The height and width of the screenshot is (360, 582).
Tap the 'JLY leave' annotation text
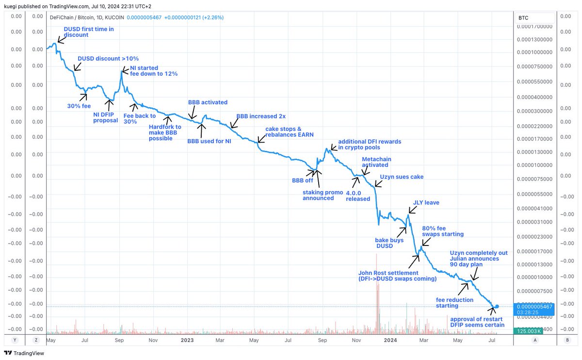pos(426,203)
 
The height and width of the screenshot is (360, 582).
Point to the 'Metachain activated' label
pos(376,162)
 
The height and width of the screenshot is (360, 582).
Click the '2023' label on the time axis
pos(187,340)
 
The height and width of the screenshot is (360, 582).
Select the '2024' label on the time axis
pos(390,340)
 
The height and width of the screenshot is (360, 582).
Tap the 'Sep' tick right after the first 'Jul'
pos(119,340)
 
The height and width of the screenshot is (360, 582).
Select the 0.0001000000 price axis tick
pos(535,165)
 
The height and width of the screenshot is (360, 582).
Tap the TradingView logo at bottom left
pos(24,353)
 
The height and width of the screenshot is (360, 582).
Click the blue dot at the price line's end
pos(498,307)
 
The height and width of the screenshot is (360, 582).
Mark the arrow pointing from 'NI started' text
pos(125,71)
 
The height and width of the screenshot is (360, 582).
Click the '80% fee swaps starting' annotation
pos(443,231)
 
